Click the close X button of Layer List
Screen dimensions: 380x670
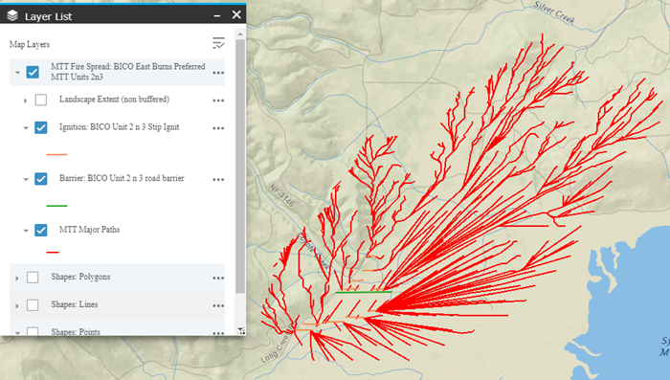(x=235, y=14)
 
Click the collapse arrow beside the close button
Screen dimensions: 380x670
(x=215, y=14)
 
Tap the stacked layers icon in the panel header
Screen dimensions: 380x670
(x=11, y=15)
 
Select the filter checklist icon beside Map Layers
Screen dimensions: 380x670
(x=219, y=43)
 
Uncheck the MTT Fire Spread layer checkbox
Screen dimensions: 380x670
(x=33, y=72)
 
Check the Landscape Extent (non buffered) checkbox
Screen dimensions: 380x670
(x=41, y=100)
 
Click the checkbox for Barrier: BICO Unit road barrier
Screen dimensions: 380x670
(x=41, y=178)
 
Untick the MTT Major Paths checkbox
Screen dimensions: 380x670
(x=41, y=230)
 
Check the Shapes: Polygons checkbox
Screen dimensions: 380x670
(x=33, y=277)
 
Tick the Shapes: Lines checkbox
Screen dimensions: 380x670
(x=33, y=304)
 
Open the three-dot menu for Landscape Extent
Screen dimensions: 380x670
(x=219, y=100)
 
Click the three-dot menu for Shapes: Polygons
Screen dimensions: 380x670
(x=219, y=277)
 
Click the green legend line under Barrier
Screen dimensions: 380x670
(x=56, y=205)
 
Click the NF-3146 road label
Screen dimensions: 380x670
(x=279, y=195)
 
